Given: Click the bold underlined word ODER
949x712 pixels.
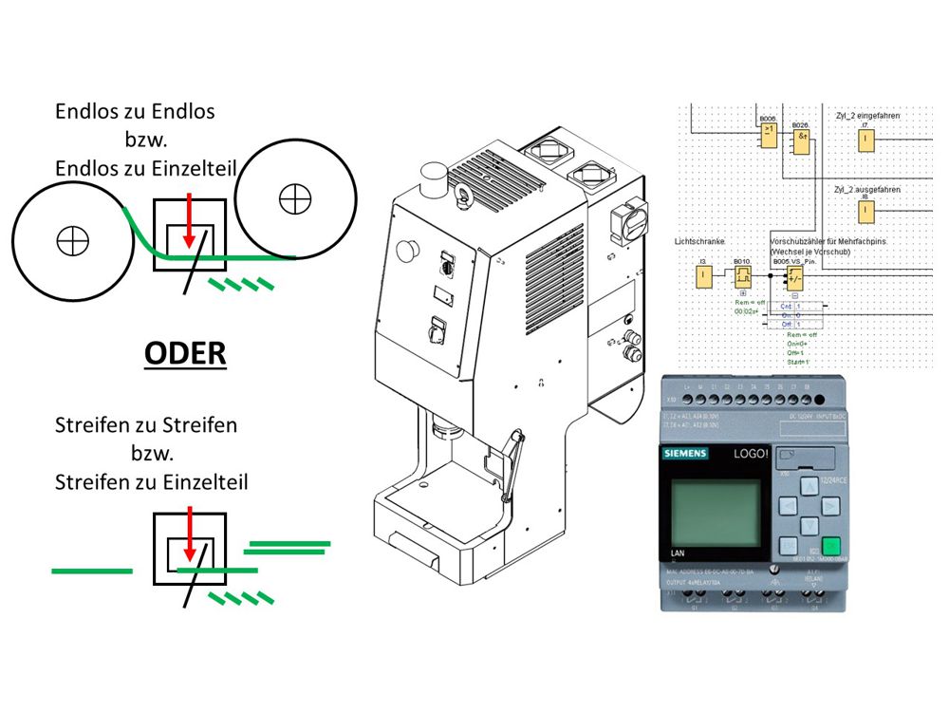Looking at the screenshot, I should [x=185, y=354].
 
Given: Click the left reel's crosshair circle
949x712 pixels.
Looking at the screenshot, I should [x=72, y=240].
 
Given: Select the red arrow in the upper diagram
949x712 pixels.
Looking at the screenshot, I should [x=191, y=215].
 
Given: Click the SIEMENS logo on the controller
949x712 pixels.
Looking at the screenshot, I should [x=683, y=456].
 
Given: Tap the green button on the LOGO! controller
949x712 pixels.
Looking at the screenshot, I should [x=831, y=546].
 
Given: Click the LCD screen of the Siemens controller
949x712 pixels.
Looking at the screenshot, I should [x=715, y=511].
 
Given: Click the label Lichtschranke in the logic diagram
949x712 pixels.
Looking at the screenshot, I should [x=699, y=243].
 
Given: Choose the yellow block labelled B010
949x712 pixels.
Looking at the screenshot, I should [x=742, y=276].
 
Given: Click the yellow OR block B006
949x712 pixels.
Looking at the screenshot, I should [x=767, y=136].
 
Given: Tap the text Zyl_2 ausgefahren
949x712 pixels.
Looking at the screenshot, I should [x=865, y=190].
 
